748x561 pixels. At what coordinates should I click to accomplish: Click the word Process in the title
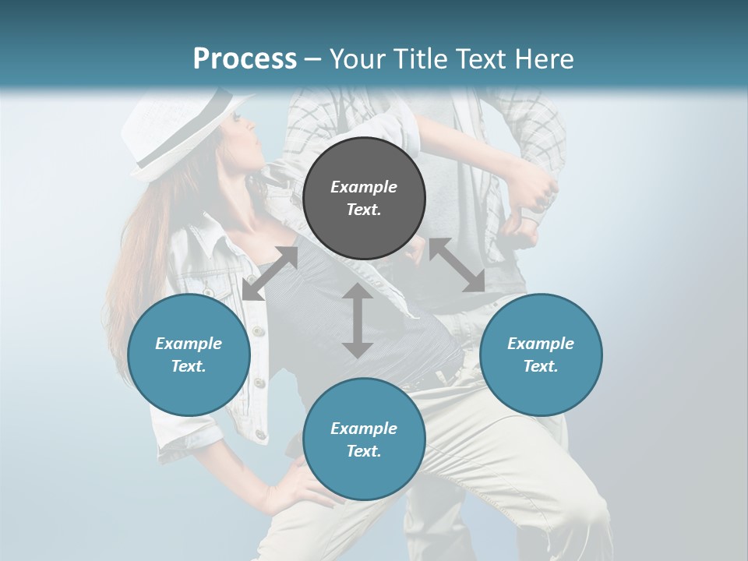click(245, 59)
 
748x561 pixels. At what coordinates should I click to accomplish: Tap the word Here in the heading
click(543, 59)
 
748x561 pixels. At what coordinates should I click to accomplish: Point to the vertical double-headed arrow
click(358, 321)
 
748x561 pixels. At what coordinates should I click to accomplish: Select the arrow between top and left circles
click(270, 273)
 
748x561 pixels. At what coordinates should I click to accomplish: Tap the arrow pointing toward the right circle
click(457, 265)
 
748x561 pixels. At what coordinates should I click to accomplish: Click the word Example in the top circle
click(364, 187)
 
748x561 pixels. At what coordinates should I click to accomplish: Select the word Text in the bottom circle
click(364, 451)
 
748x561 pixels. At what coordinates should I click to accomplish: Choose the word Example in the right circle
click(541, 344)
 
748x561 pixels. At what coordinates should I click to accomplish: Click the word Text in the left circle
click(189, 366)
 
